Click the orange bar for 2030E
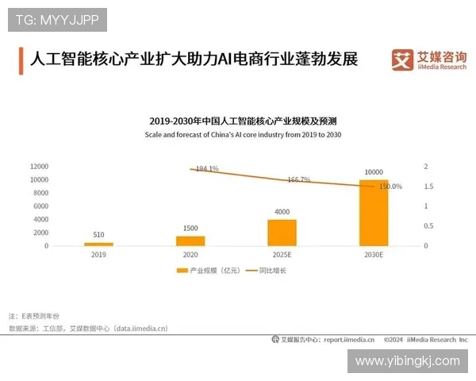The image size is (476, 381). click(374, 213)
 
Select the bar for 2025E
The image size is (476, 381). click(282, 233)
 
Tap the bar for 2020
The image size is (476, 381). click(190, 241)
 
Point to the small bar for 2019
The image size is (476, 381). click(99, 244)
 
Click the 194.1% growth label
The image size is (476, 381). click(206, 169)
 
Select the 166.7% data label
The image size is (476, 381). click(299, 179)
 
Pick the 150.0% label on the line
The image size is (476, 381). click(390, 187)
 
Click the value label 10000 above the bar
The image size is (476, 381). click(374, 172)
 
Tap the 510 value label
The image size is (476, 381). click(99, 235)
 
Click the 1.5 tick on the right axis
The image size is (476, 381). click(428, 187)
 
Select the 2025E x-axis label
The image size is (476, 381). click(282, 256)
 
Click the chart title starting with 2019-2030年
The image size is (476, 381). click(243, 121)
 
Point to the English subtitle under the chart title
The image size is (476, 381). click(243, 136)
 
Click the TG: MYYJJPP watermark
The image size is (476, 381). click(56, 18)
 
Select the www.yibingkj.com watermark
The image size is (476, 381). click(407, 361)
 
